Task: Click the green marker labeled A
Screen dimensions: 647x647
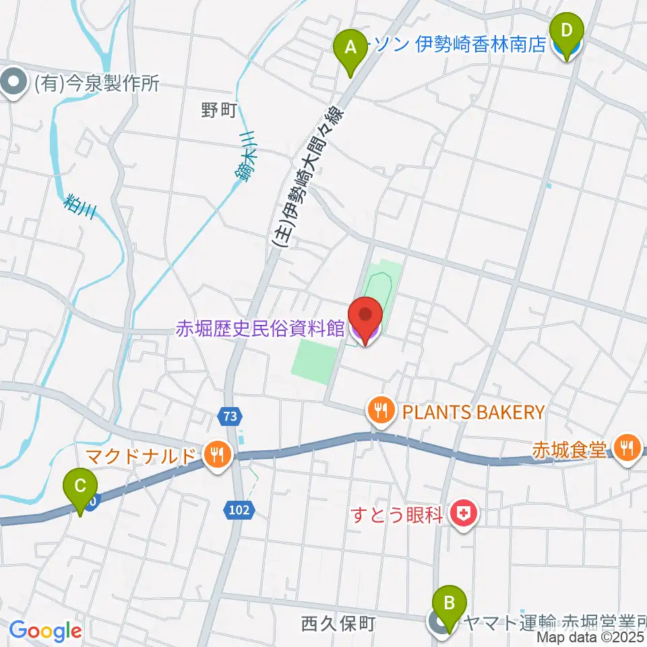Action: (x=350, y=48)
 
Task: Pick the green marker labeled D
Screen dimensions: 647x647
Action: (x=567, y=31)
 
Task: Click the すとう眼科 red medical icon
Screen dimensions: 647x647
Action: (x=463, y=516)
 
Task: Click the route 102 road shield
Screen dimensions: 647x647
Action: (x=240, y=511)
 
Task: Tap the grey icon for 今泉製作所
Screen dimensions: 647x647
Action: (x=13, y=84)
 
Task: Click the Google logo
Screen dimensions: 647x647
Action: (x=45, y=631)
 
